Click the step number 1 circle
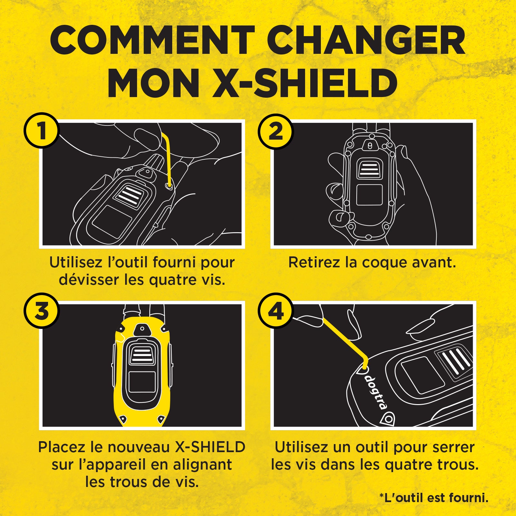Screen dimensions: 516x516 click(x=41, y=130)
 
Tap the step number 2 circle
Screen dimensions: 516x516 click(x=275, y=131)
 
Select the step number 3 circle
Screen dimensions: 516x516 click(x=41, y=311)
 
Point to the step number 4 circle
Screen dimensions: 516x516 click(x=275, y=311)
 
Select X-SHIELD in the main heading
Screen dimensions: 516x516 click(x=305, y=83)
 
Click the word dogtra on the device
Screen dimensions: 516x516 click(x=376, y=392)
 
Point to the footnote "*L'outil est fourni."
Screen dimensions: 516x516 click(x=434, y=498)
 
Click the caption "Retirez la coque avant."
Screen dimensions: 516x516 click(x=372, y=263)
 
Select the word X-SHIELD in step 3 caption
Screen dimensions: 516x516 click(x=210, y=447)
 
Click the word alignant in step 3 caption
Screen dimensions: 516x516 click(x=202, y=465)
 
